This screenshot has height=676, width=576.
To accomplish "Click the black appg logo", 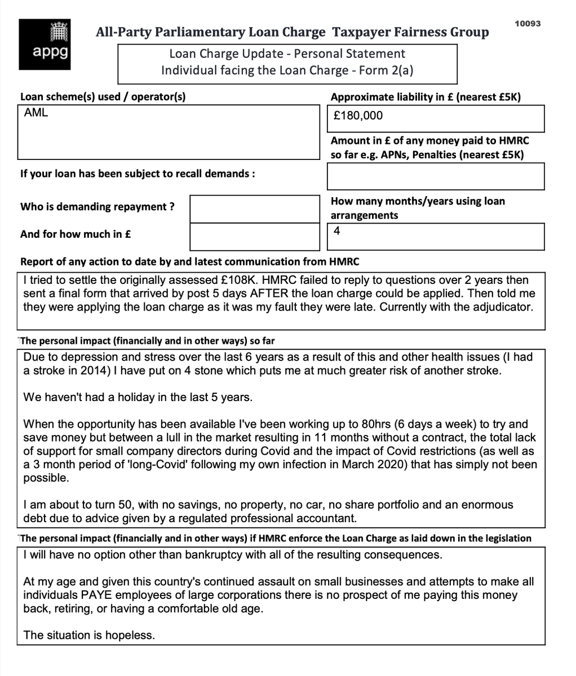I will tap(45, 45).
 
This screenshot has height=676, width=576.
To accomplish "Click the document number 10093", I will tap(528, 24).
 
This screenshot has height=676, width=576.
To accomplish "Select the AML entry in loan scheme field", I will tap(36, 113).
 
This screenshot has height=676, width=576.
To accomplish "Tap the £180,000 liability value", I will tap(358, 116).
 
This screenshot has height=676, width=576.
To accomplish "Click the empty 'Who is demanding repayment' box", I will tap(255, 208).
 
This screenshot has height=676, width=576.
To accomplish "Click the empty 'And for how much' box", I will tap(255, 236).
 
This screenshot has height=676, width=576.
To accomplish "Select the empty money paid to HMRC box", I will tap(435, 176).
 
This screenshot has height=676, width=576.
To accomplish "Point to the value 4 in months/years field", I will tap(336, 230).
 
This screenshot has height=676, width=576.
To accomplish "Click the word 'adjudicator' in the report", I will tap(495, 307).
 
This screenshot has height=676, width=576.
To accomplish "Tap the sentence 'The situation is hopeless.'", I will tap(88, 635).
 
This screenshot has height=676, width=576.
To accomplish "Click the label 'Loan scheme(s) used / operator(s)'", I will tap(103, 97).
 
